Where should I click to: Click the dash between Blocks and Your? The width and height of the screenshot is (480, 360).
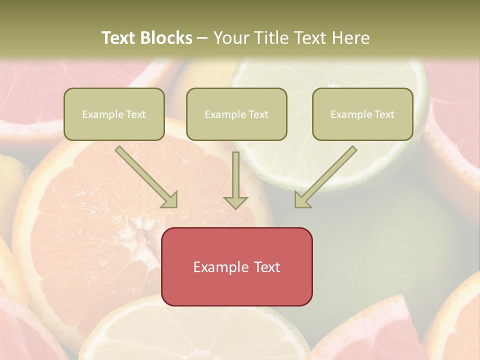[x=202, y=38]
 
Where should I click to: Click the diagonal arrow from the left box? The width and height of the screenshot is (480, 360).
[x=146, y=177]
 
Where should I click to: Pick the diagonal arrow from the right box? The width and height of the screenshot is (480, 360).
[x=326, y=177]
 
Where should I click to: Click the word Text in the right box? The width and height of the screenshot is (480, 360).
[x=384, y=114]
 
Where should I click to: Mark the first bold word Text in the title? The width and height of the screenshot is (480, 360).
[x=118, y=38]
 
